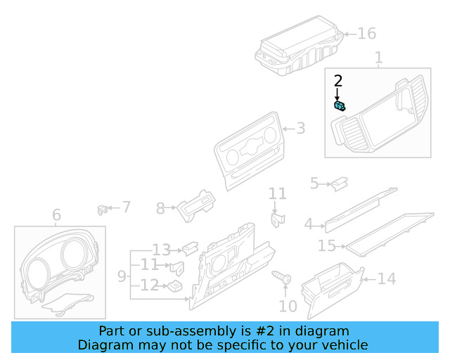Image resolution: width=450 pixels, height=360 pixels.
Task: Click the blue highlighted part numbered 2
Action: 339,106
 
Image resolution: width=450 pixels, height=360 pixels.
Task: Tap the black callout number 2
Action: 337,81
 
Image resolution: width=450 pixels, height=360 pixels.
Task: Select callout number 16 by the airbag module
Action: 367,33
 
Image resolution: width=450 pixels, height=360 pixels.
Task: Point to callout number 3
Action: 300,129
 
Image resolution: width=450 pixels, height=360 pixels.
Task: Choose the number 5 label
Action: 314,184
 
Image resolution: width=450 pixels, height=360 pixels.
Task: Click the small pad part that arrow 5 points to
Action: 340,184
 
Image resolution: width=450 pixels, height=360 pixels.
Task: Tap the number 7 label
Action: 126,207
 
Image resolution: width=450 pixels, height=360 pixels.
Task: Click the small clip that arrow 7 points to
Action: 102,208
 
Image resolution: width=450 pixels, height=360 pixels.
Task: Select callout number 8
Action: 160,208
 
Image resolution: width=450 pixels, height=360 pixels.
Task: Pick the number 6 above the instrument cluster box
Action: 56,214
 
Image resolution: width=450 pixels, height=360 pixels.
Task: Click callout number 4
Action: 308,225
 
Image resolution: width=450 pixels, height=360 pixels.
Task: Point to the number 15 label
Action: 327,246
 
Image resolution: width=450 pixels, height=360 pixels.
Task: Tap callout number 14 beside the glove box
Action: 387,279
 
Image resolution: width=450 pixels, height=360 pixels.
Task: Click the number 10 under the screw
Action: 288,306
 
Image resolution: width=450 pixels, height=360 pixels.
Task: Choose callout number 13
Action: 161,249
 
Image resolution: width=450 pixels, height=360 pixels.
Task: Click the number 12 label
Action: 149,285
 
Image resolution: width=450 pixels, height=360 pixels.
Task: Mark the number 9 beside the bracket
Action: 122,276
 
